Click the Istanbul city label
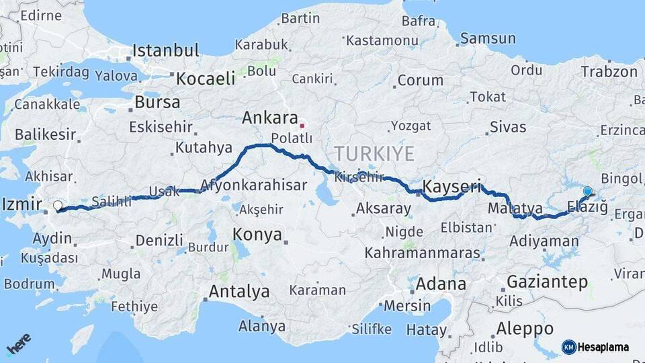coord(166,50)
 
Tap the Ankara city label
coord(269,118)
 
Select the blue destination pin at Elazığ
coord(588,192)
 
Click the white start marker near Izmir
coord(58,206)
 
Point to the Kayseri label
coord(452,186)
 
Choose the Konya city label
coord(257,234)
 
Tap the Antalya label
coord(239,292)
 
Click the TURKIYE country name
coord(375,153)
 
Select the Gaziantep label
coord(547,282)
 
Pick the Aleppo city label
coord(525,329)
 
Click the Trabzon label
coord(609,71)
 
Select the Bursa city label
coord(157,103)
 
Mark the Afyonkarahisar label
coord(254,185)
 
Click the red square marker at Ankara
coord(302,125)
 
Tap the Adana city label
coord(441,284)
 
